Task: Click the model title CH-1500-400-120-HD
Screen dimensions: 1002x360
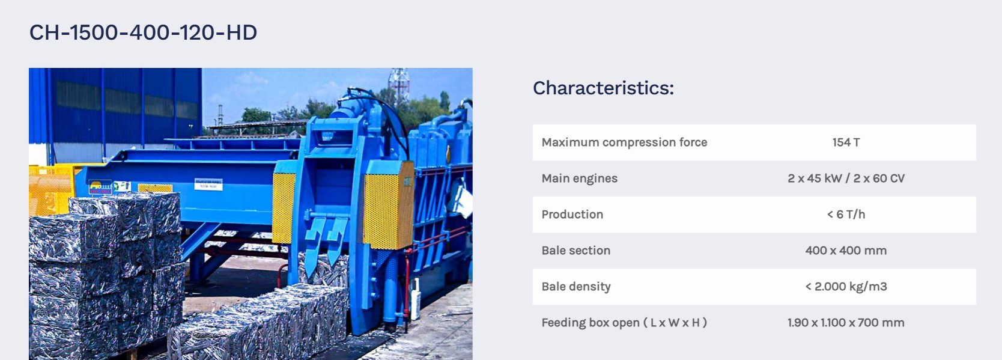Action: [143, 32]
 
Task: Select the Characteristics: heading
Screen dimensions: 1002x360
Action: [603, 88]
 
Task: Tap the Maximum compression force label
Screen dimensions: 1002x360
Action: [624, 142]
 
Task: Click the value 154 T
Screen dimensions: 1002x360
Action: [846, 142]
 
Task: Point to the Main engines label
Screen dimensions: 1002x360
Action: [579, 178]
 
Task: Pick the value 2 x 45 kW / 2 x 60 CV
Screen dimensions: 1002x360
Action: [846, 178]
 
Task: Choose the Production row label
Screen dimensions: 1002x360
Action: [572, 215]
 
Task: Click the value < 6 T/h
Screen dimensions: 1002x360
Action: [846, 215]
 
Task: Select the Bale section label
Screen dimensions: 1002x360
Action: [575, 250]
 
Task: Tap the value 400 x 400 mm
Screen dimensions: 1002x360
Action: [846, 250]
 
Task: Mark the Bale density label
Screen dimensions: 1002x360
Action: [575, 287]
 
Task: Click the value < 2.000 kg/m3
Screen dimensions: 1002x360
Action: [846, 287]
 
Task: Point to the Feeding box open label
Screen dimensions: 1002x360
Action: [624, 322]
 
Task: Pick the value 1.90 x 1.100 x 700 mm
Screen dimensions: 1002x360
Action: [846, 322]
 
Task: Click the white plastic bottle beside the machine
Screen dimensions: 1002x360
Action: [416, 299]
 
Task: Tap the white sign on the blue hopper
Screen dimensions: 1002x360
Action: [208, 184]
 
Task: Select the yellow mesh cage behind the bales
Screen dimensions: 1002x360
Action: [49, 191]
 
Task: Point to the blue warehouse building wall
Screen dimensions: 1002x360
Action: [115, 108]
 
